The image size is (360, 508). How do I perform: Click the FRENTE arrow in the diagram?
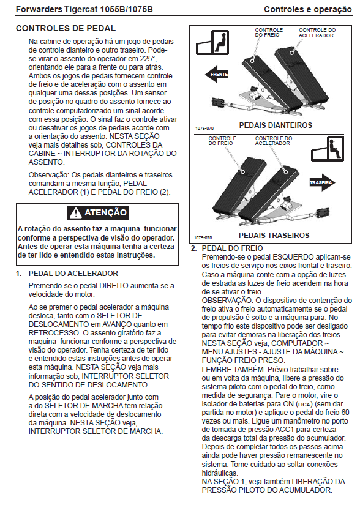217,74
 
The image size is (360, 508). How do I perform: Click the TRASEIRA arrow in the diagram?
322,182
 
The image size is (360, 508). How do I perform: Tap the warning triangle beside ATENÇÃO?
75,212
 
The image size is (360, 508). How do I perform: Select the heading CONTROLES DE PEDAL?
66,29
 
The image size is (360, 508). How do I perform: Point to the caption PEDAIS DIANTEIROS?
276,125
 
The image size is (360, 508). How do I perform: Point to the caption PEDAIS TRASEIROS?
274,236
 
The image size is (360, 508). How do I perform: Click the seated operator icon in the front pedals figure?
212,42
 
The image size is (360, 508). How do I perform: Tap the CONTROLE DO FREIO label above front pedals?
269,32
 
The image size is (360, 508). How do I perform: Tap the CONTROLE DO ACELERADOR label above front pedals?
317,32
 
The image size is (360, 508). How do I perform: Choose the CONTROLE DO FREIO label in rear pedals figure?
222,141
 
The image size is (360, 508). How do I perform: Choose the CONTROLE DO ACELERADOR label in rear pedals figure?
274,141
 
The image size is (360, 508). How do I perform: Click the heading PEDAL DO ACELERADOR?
73,274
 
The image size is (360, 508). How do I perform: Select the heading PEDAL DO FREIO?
232,248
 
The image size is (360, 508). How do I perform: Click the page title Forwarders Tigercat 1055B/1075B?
84,9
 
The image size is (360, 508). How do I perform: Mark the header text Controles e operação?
308,9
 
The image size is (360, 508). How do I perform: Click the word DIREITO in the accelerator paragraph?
114,286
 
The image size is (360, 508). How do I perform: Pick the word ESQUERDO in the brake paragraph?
289,257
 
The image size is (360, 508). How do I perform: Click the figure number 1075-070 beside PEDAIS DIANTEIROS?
204,129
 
